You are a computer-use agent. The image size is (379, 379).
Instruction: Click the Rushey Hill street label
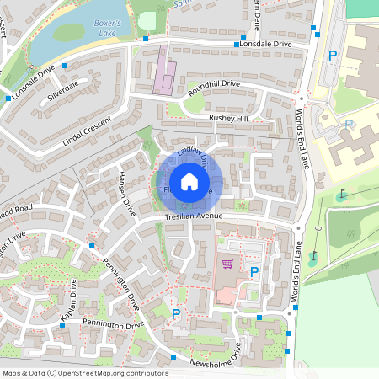[x=228, y=120]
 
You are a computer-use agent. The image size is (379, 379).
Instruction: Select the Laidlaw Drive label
[x=191, y=156]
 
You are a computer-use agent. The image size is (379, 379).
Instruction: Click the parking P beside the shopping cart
[x=254, y=272]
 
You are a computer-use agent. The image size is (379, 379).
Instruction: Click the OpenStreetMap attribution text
[x=84, y=373]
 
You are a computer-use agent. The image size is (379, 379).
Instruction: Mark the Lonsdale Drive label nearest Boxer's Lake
[x=35, y=77]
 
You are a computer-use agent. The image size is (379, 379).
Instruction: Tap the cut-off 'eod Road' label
[x=17, y=208]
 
